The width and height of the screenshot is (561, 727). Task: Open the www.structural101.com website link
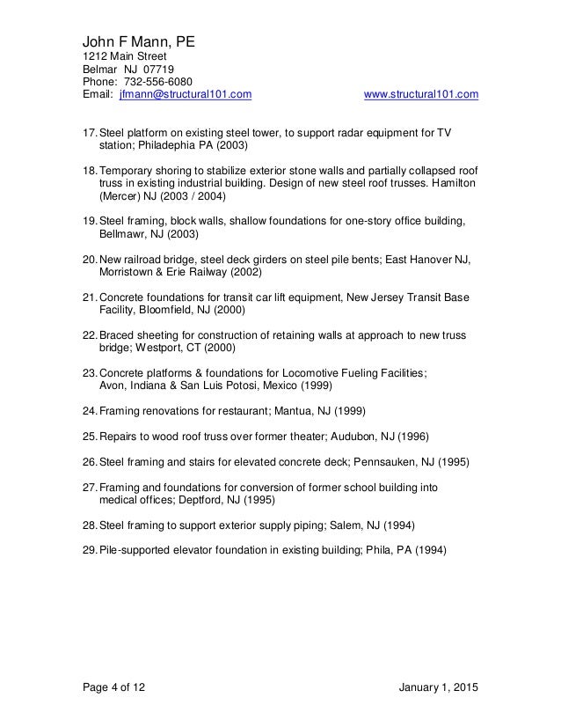[x=420, y=92]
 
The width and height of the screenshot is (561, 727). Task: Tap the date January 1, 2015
[x=433, y=687]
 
